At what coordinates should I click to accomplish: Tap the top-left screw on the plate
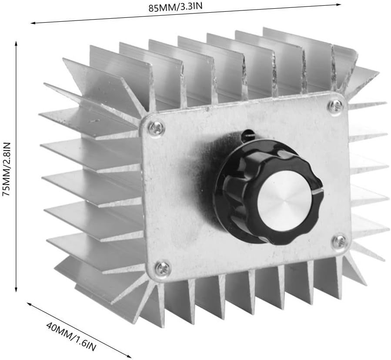pos(156,127)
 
